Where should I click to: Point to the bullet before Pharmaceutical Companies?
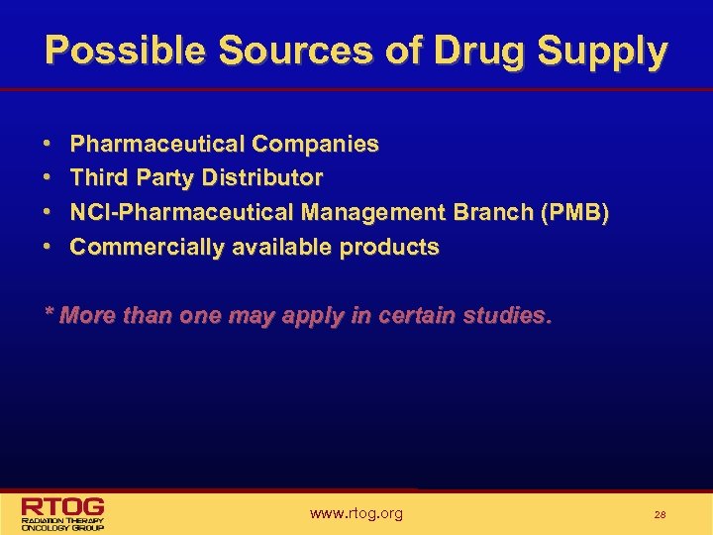pos(49,145)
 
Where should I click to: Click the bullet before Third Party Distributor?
pos(49,178)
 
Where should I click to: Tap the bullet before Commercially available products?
pos(49,248)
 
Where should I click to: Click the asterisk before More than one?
pos(49,315)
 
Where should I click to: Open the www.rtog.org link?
pos(356,513)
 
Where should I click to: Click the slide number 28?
pos(660,515)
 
